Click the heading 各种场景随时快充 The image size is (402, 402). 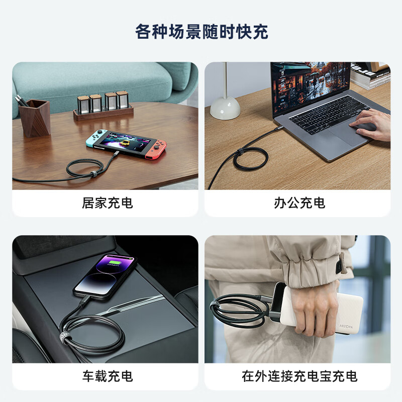tap(201, 31)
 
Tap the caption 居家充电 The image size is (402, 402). tap(107, 203)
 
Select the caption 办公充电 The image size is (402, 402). tap(299, 203)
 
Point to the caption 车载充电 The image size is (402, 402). tap(107, 375)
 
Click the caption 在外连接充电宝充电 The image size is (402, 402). tap(299, 375)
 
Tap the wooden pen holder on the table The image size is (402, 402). tap(35, 118)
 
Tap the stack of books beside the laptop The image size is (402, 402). tap(371, 75)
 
